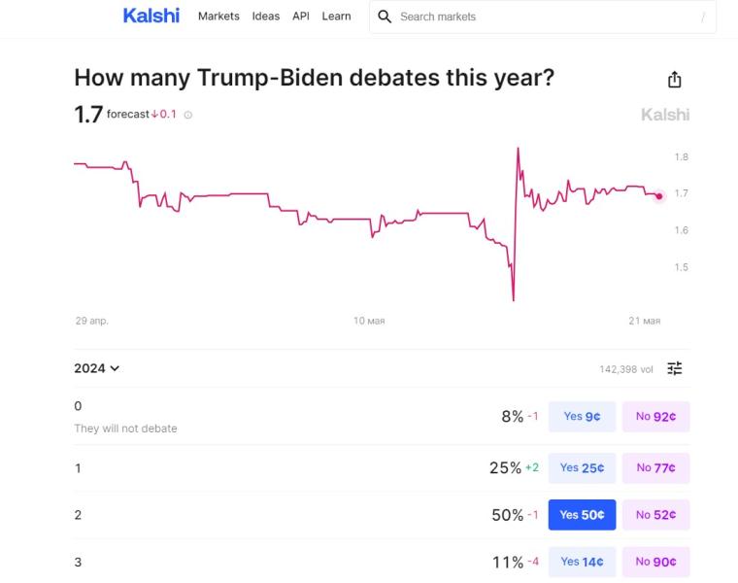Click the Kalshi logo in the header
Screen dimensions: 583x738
(x=151, y=16)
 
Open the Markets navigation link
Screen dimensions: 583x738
(x=218, y=17)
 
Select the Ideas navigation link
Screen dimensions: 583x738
(x=266, y=17)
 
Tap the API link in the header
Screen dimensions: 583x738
(x=301, y=17)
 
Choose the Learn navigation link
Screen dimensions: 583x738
(x=337, y=17)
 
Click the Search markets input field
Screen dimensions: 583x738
(x=544, y=17)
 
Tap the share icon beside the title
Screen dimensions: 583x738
(x=675, y=80)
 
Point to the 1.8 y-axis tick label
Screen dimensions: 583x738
(x=681, y=156)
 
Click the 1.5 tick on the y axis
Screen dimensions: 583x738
(x=681, y=267)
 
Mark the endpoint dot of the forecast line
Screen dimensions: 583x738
(x=659, y=196)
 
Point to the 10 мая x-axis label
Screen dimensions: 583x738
(x=369, y=321)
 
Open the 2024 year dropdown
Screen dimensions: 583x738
(x=97, y=368)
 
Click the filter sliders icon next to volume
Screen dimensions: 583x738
(x=675, y=368)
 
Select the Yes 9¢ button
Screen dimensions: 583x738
(x=582, y=417)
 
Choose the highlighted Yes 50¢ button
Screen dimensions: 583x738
(x=582, y=515)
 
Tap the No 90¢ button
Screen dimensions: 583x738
(x=655, y=562)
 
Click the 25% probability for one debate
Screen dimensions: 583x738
(x=505, y=468)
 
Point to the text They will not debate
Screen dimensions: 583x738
(x=126, y=429)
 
